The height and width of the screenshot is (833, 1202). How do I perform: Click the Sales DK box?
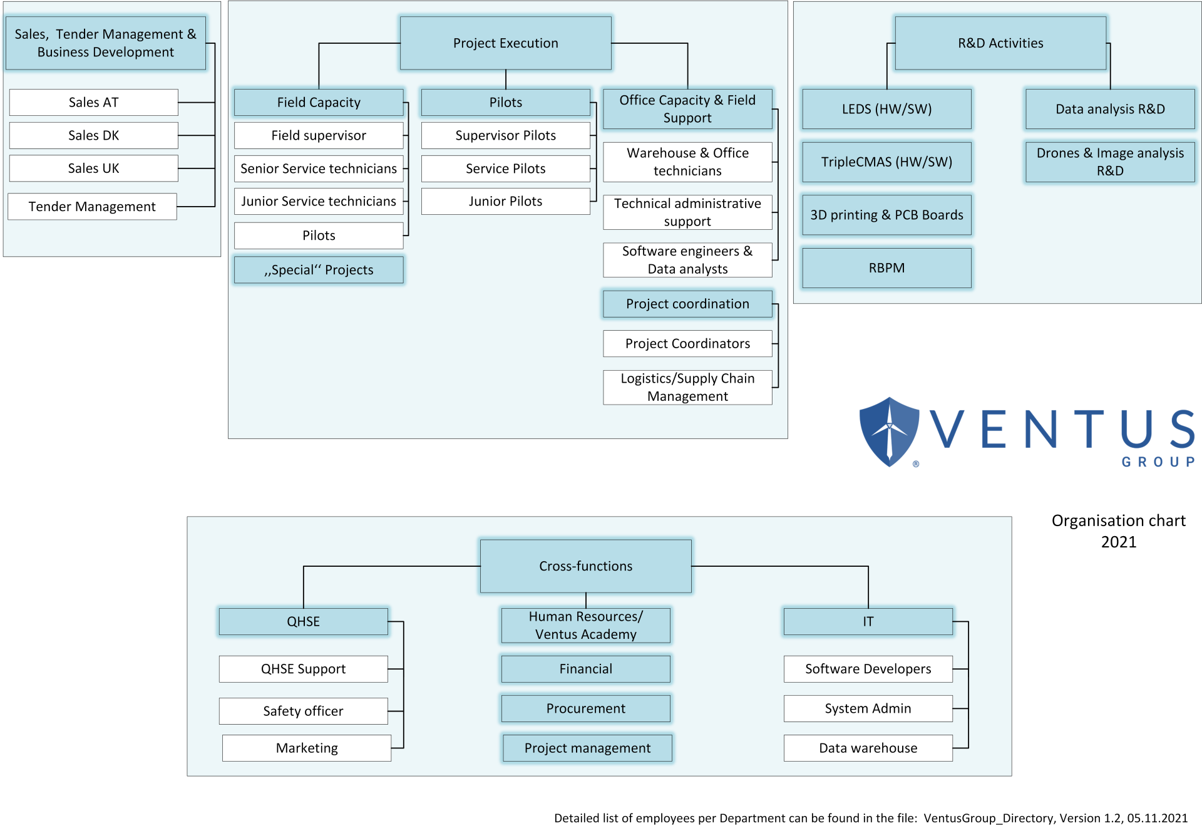tap(94, 135)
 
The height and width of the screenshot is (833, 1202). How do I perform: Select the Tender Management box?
tap(92, 207)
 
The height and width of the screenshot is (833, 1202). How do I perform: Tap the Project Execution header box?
tap(505, 43)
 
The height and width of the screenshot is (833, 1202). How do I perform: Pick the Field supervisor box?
tap(319, 135)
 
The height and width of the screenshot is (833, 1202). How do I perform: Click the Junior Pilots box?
tap(505, 201)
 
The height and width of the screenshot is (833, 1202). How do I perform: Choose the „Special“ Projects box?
tap(319, 270)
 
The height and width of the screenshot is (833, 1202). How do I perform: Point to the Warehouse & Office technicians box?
tap(687, 162)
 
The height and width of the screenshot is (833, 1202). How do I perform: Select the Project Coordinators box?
tap(687, 343)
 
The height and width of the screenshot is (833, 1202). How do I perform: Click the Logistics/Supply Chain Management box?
tap(687, 387)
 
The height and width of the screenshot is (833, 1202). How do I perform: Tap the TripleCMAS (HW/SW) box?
tap(886, 162)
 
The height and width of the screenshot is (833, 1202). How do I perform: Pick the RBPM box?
tap(886, 268)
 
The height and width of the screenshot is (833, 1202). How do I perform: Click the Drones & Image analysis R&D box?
tap(1110, 162)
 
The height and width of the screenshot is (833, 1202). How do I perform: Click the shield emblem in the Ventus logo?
tap(889, 432)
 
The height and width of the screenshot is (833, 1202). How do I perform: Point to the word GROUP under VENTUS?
tap(1158, 462)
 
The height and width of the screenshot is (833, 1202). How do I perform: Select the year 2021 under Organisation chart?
tap(1119, 542)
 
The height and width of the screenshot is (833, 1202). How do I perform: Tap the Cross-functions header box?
tap(585, 566)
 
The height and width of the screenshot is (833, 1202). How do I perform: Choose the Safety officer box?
tap(304, 711)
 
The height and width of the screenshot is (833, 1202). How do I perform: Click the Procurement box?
tap(585, 708)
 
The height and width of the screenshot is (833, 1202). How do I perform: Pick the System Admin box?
tap(868, 708)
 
